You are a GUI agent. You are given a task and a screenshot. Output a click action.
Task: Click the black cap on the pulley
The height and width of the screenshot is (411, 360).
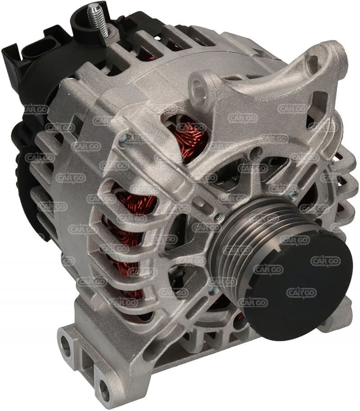(x=297, y=287)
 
